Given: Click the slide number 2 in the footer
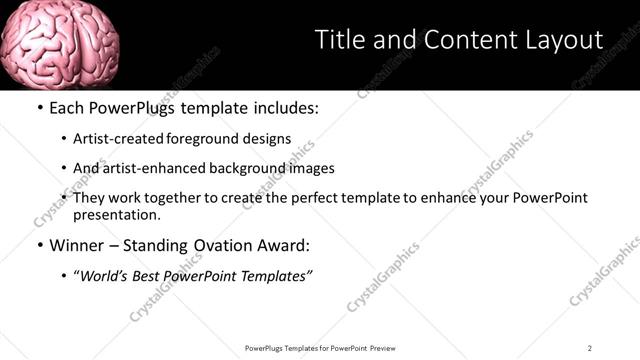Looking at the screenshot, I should coord(589,348).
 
